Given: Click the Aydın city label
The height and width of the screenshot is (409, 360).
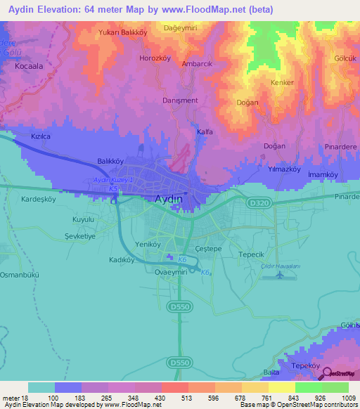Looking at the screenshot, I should point(169,200).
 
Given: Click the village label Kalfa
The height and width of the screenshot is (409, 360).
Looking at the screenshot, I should point(205,131).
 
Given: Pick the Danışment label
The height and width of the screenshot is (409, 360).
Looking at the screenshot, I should point(181,100).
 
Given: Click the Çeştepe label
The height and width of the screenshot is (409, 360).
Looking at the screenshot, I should point(208,249).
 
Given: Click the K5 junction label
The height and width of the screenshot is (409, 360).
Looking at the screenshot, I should point(113,189).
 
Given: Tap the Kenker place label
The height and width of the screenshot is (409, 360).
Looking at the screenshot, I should point(282,82).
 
